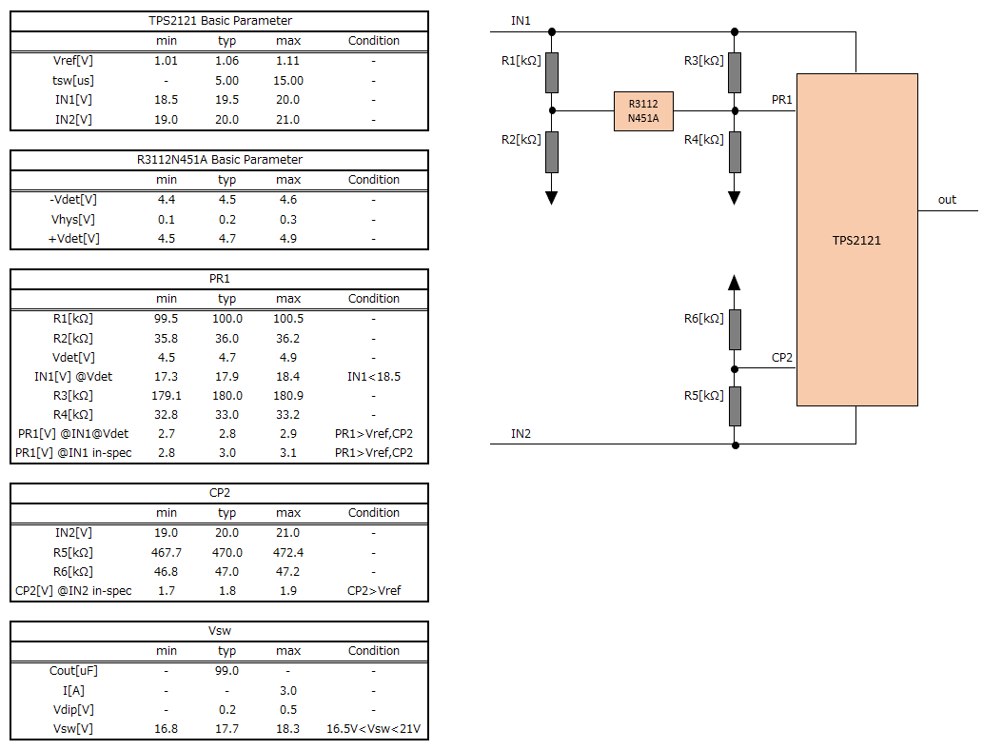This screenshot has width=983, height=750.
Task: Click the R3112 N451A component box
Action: click(x=643, y=111)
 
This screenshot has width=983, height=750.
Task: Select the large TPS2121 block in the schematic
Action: click(x=857, y=240)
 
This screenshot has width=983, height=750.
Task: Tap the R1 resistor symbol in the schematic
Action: click(x=552, y=72)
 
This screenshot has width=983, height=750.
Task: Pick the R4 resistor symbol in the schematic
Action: click(x=735, y=151)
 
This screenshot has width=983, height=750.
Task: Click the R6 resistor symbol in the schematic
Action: click(x=735, y=329)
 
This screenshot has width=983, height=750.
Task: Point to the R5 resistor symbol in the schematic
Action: click(x=735, y=406)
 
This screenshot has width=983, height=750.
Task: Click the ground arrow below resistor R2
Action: click(x=552, y=198)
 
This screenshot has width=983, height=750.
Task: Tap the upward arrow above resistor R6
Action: click(x=735, y=282)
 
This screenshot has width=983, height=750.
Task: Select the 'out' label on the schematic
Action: click(x=947, y=200)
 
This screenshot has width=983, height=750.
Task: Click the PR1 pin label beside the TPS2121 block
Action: click(x=782, y=100)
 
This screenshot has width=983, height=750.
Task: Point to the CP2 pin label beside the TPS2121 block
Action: click(x=782, y=358)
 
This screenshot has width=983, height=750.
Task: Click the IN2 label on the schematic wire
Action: click(x=521, y=433)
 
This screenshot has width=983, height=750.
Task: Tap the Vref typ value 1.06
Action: click(x=226, y=61)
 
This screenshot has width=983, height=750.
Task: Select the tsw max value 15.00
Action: click(x=288, y=81)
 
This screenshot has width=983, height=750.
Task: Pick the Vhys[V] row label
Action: click(x=73, y=220)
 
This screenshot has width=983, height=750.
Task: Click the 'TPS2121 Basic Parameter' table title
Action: click(x=220, y=21)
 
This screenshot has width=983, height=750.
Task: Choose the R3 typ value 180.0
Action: click(x=226, y=396)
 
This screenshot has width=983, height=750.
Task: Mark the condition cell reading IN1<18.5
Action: click(x=374, y=377)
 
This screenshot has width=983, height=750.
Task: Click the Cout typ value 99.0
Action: click(x=226, y=671)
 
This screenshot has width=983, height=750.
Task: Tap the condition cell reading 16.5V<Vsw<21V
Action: click(x=374, y=729)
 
